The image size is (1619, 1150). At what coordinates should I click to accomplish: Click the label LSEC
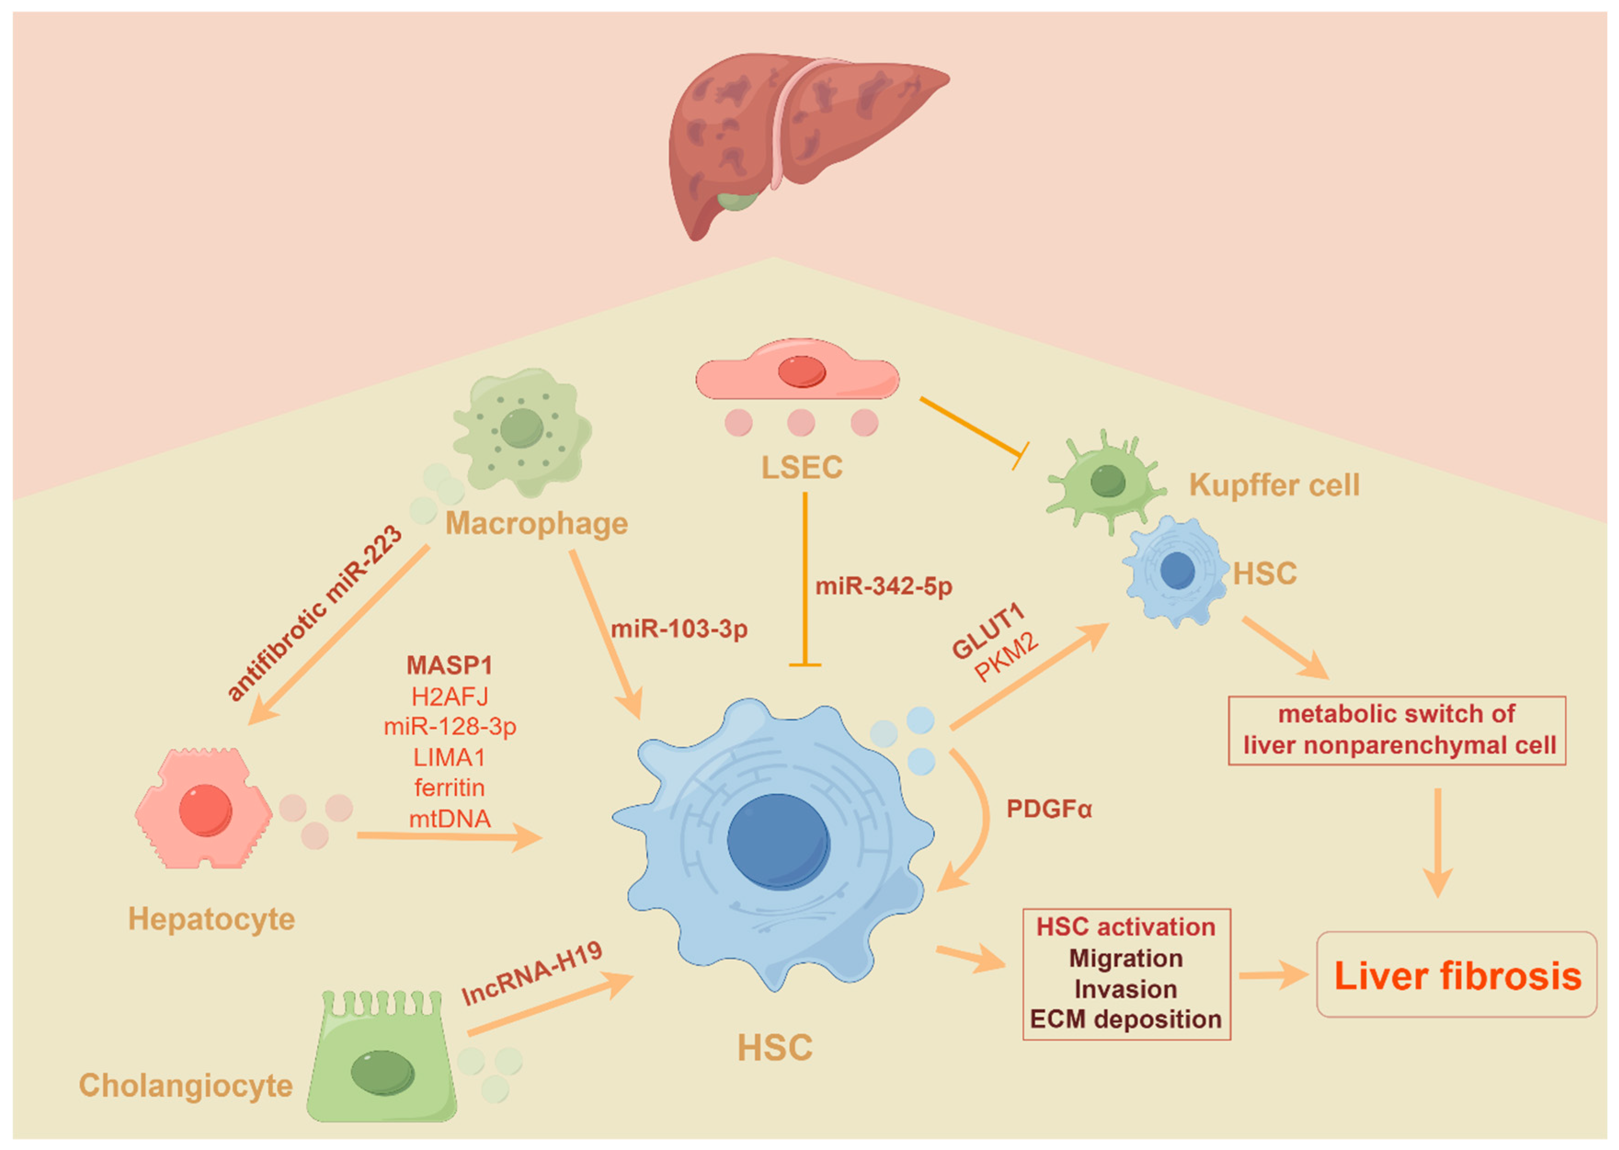pyautogui.click(x=801, y=467)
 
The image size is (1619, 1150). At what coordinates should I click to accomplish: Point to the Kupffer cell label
pyautogui.click(x=1274, y=485)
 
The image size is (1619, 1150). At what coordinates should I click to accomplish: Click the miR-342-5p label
pyautogui.click(x=884, y=586)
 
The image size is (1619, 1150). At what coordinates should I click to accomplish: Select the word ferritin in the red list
pyautogui.click(x=449, y=787)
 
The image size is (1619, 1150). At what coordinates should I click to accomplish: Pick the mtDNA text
pyautogui.click(x=449, y=819)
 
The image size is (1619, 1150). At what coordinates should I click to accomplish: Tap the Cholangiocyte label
pyautogui.click(x=186, y=1085)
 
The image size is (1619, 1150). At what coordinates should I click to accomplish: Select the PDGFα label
pyautogui.click(x=1049, y=809)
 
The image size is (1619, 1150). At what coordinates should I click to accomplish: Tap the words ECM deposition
pyautogui.click(x=1125, y=1019)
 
